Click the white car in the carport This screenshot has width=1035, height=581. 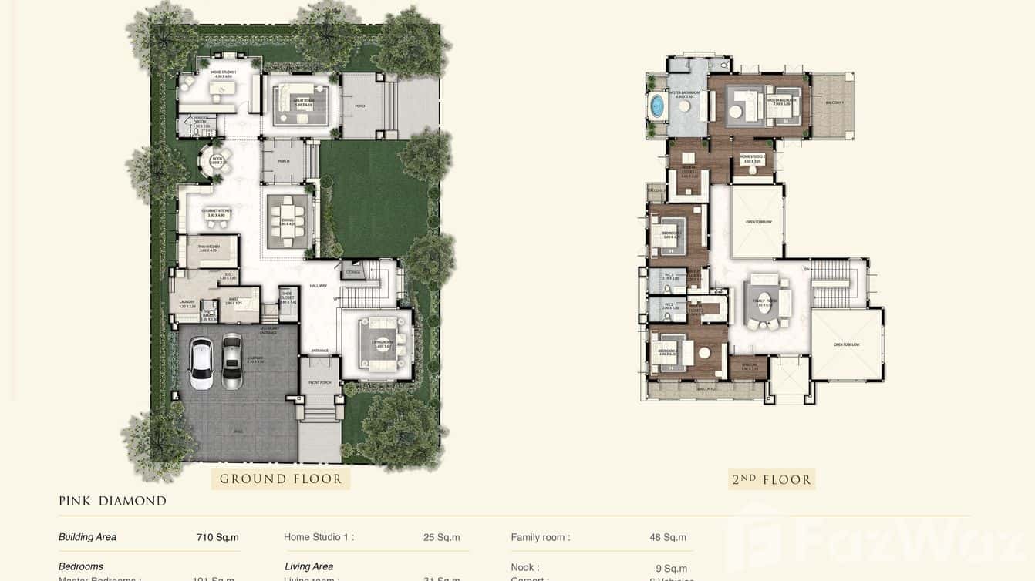(201, 363)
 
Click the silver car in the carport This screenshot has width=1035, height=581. (232, 361)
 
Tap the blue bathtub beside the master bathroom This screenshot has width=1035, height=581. (657, 106)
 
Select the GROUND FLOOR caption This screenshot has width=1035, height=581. (281, 479)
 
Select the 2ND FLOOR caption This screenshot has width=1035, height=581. (771, 479)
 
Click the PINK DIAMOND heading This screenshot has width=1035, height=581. (113, 501)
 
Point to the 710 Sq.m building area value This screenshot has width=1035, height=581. (217, 537)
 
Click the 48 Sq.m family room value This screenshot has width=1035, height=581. (668, 537)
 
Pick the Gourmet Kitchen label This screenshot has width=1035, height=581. (214, 212)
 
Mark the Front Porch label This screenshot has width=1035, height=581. (319, 383)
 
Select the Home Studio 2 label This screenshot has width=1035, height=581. (752, 158)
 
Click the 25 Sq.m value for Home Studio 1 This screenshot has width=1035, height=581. (441, 537)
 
